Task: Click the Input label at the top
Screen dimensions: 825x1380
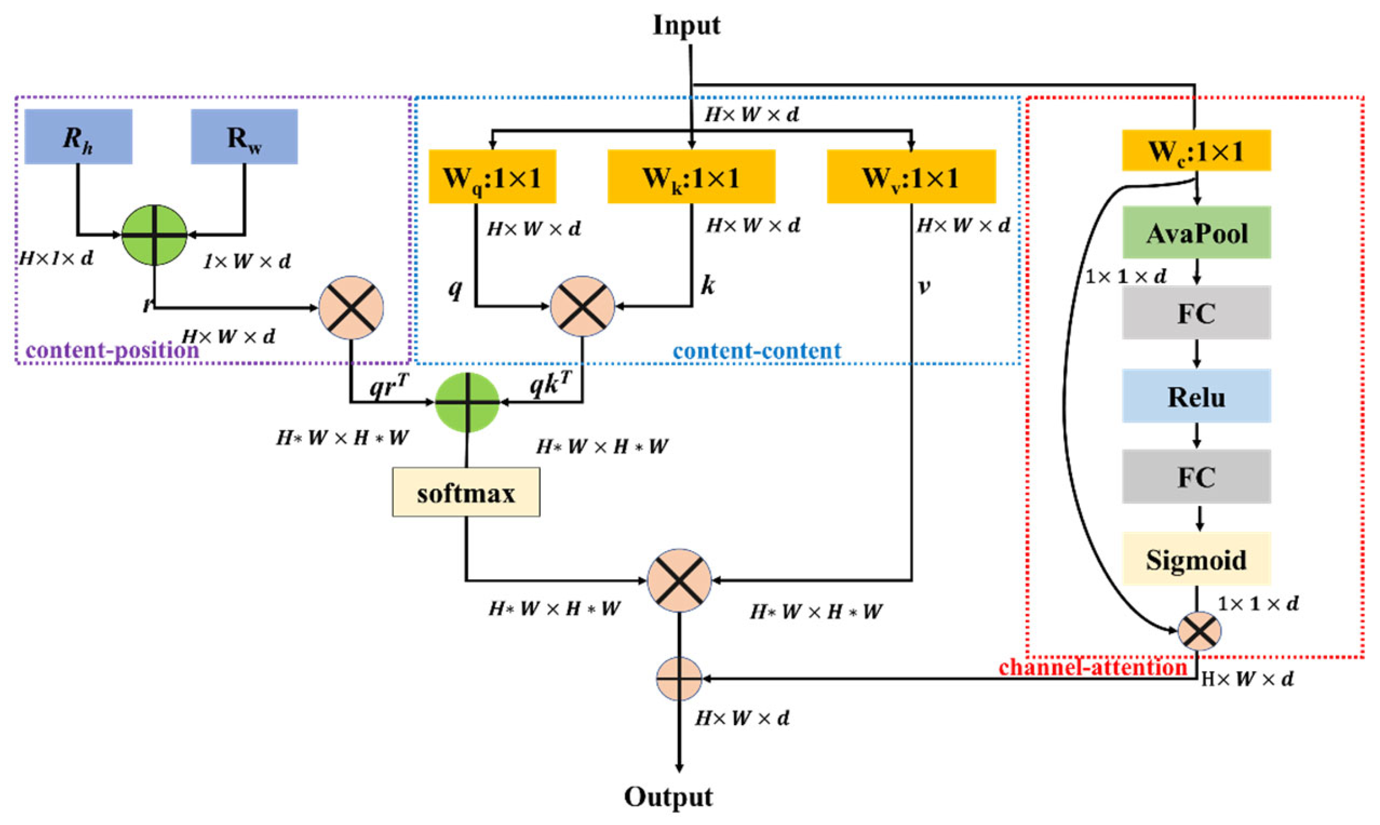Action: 686,26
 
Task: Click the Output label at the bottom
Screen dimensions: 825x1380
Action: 668,797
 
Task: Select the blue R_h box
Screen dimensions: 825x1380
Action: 78,137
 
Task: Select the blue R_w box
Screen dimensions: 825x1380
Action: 244,137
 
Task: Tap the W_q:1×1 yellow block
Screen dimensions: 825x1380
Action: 492,177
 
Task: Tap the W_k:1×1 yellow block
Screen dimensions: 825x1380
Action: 691,177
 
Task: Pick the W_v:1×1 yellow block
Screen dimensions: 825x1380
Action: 911,177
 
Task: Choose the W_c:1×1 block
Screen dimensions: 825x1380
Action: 1196,150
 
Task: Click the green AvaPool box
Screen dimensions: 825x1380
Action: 1196,233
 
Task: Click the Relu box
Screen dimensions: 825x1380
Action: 1196,396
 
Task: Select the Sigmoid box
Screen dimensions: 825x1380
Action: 1196,559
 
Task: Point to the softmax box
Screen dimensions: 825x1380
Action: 466,493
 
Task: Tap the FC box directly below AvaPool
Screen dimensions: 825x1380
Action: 1196,313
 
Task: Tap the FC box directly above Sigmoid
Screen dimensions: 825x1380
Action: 1196,477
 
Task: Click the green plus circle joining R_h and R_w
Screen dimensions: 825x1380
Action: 154,234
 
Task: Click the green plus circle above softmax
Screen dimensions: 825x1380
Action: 467,402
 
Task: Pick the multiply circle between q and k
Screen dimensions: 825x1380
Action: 582,306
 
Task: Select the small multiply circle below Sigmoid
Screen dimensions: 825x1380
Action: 1199,631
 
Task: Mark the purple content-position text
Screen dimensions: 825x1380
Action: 112,350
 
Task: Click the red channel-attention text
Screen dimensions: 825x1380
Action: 1092,667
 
